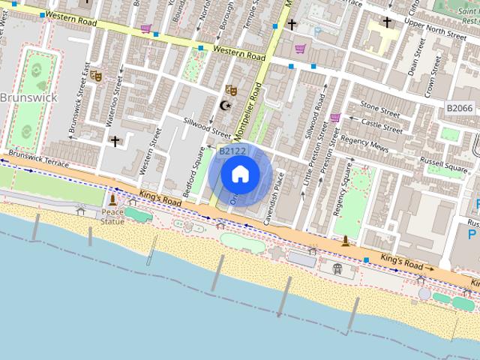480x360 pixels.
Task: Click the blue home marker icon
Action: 240,175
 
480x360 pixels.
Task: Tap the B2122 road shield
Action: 232,151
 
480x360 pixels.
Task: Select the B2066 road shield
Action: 459,109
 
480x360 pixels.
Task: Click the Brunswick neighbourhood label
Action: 28,98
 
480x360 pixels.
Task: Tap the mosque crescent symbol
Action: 223,105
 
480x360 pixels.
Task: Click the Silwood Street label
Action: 208,128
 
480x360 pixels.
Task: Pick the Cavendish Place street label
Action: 279,190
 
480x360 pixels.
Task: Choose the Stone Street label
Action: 380,109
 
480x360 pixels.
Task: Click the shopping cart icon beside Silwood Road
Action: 334,118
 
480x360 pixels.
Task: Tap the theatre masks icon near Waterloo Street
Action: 95,75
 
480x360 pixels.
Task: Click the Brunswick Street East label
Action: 76,103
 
